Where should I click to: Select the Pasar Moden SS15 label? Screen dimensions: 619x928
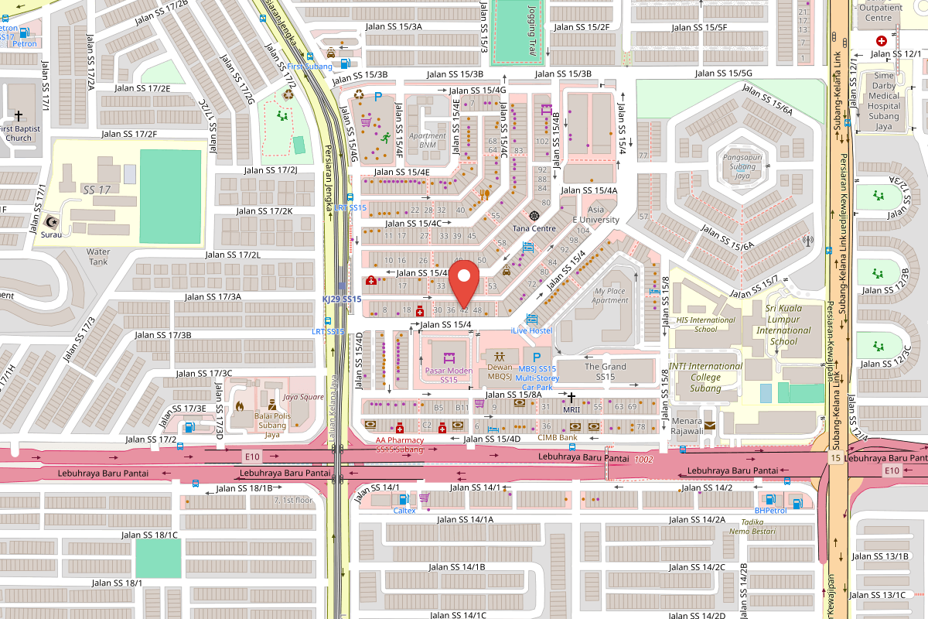pos(449,375)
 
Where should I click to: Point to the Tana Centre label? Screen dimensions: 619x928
pos(534,228)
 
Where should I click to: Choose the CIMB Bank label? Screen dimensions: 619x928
pos(558,437)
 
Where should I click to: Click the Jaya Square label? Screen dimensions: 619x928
pos(303,397)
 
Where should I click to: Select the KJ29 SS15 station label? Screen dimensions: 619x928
pos(342,299)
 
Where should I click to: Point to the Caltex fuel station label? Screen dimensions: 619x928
pos(404,510)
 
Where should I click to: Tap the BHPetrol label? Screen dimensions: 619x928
pos(770,510)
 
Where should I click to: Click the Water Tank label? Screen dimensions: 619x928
pos(98,256)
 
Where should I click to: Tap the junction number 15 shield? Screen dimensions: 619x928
pos(835,459)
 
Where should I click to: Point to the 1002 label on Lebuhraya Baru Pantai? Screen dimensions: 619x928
pos(643,459)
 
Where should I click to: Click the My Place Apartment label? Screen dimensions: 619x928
pos(610,296)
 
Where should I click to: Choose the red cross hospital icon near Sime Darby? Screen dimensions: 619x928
pos(881,40)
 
